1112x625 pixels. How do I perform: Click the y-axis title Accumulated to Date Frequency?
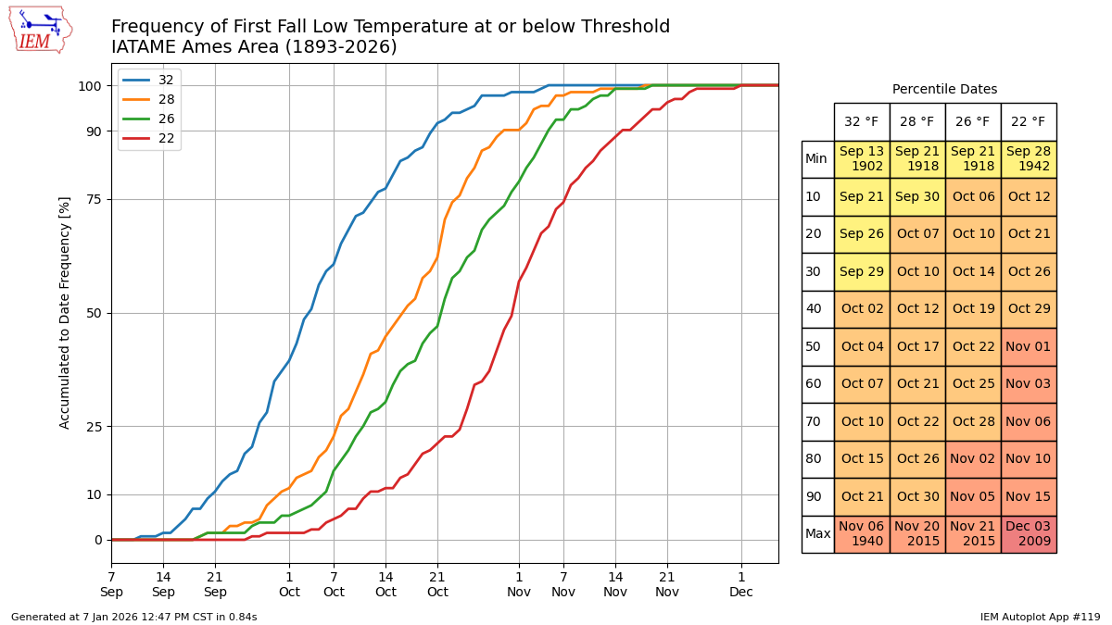tap(65, 312)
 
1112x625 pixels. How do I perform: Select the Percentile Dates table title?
tap(944, 90)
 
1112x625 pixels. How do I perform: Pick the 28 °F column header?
tap(916, 121)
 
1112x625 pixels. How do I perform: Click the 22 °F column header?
tap(1028, 121)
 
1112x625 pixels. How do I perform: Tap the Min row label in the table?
tap(816, 159)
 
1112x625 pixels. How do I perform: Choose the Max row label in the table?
tap(817, 534)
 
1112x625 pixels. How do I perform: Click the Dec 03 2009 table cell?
tap(1028, 534)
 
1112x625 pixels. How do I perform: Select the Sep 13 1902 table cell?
tap(861, 159)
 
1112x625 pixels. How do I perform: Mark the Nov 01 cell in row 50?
tap(1028, 347)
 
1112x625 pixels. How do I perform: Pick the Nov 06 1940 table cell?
tap(861, 534)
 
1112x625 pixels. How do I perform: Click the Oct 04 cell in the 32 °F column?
tap(861, 347)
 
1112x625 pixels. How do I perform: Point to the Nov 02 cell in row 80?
tap(972, 459)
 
